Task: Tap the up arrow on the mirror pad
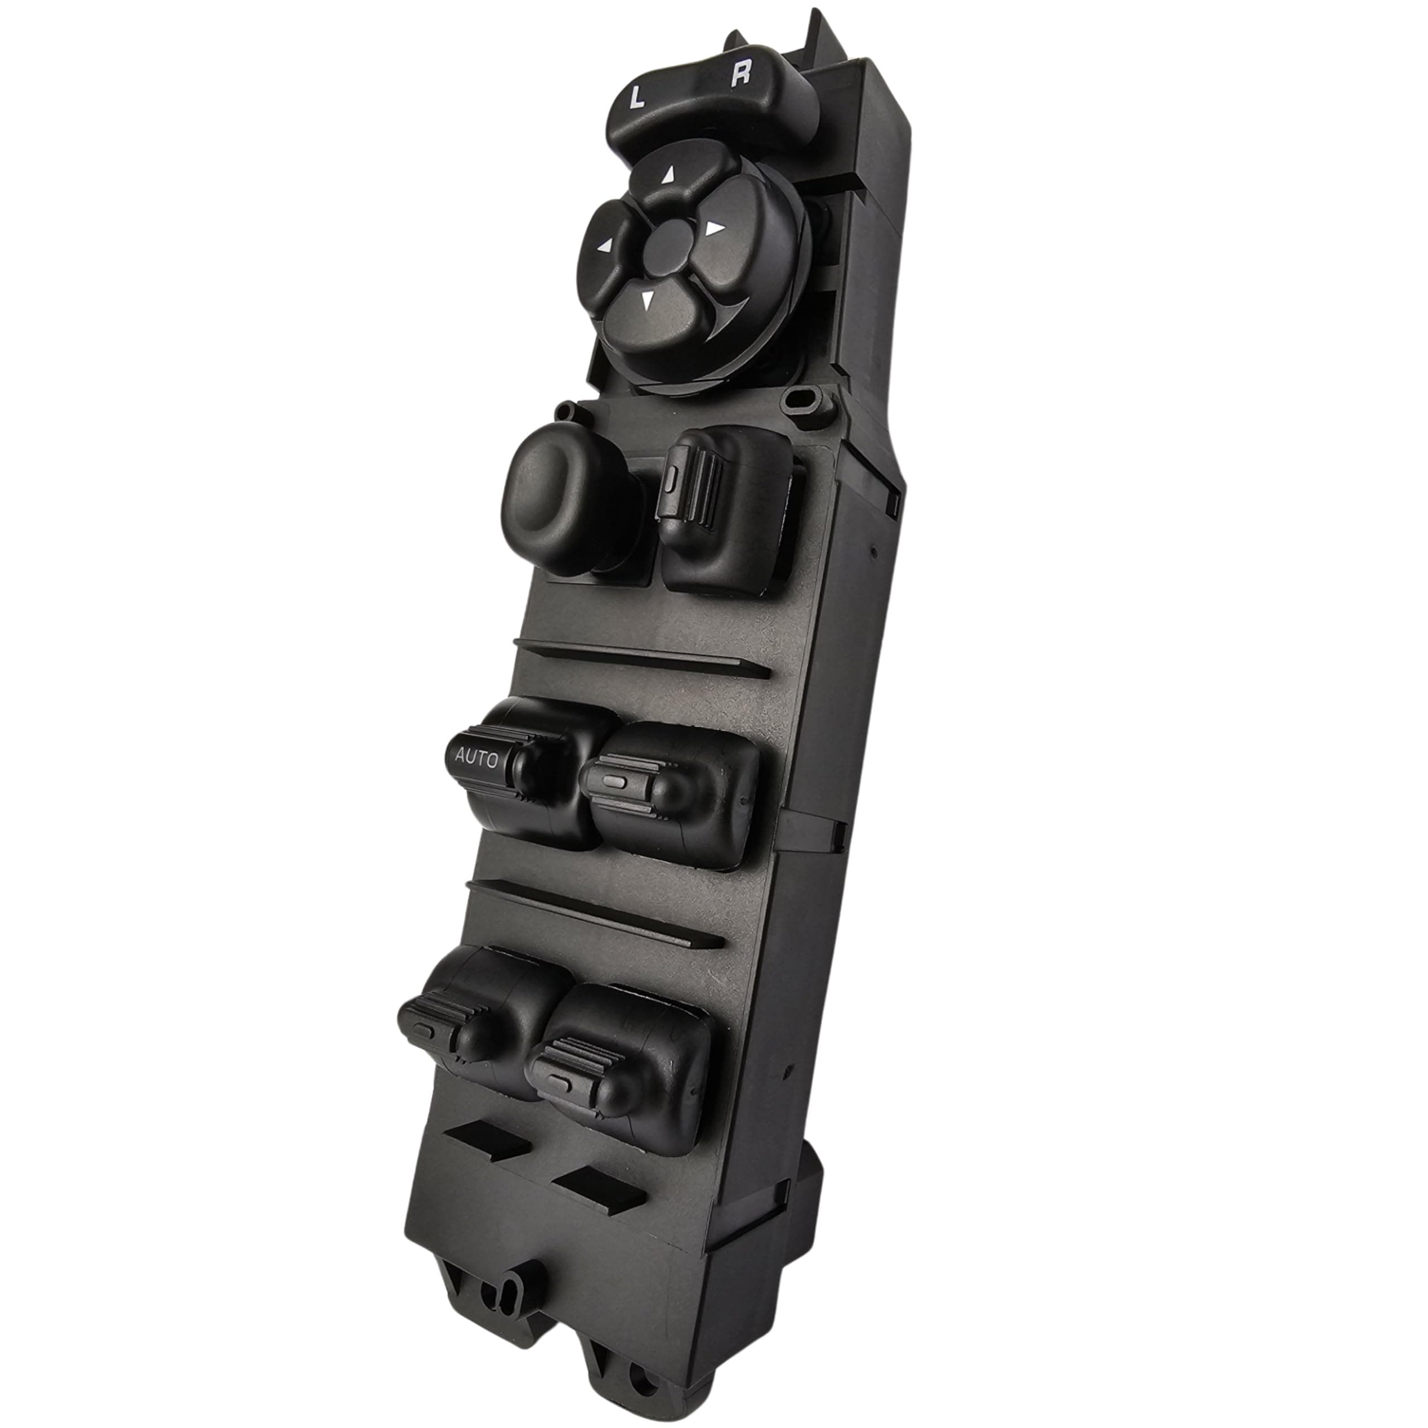pyautogui.click(x=669, y=175)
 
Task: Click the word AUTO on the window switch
pyautogui.click(x=477, y=758)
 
